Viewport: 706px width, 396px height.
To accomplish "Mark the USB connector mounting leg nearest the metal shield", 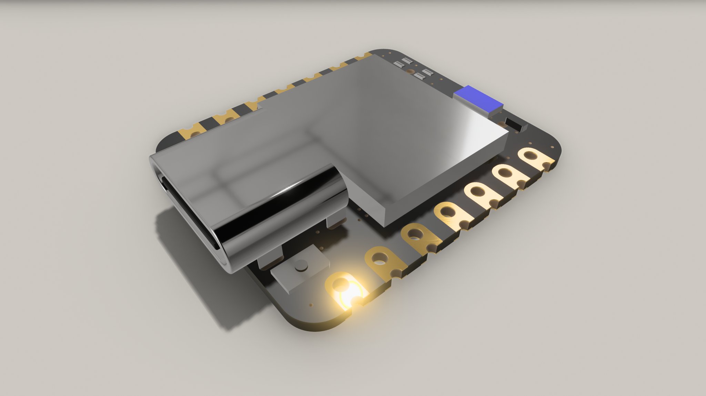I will pyautogui.click(x=336, y=221).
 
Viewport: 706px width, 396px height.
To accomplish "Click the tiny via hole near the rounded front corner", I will pyautogui.click(x=312, y=305).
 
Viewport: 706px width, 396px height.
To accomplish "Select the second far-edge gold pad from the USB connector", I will pyautogui.click(x=224, y=118).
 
